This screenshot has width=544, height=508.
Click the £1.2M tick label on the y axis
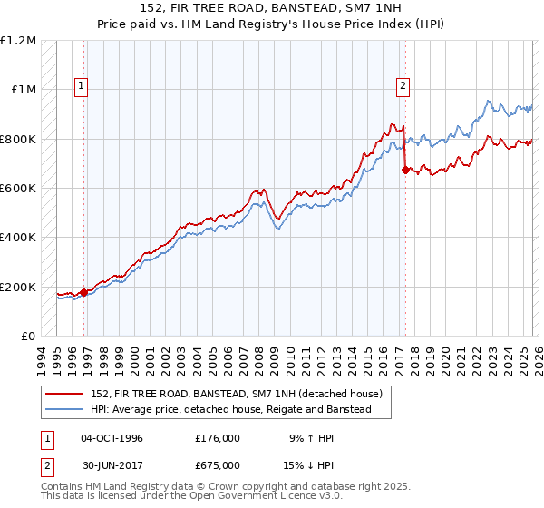point(19,41)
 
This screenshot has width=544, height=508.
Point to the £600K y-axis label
point(18,189)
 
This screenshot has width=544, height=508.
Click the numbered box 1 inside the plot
point(82,87)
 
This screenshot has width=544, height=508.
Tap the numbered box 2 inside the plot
point(402,87)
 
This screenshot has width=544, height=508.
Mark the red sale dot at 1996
point(84,292)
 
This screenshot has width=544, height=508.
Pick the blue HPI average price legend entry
point(230,410)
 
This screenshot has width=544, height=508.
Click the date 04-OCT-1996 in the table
point(112,438)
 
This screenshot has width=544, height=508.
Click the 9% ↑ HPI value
point(310,438)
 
